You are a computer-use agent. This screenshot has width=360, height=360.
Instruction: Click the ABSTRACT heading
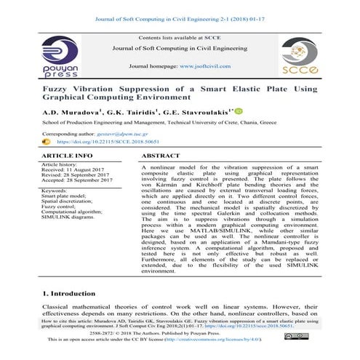[161, 156]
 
